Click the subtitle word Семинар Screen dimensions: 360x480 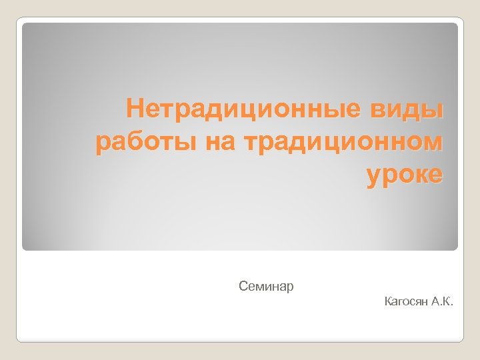pyautogui.click(x=266, y=287)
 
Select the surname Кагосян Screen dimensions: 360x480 pyautogui.click(x=406, y=303)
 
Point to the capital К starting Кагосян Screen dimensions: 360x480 pyautogui.click(x=388, y=303)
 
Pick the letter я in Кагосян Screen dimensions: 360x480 pyautogui.click(x=419, y=303)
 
